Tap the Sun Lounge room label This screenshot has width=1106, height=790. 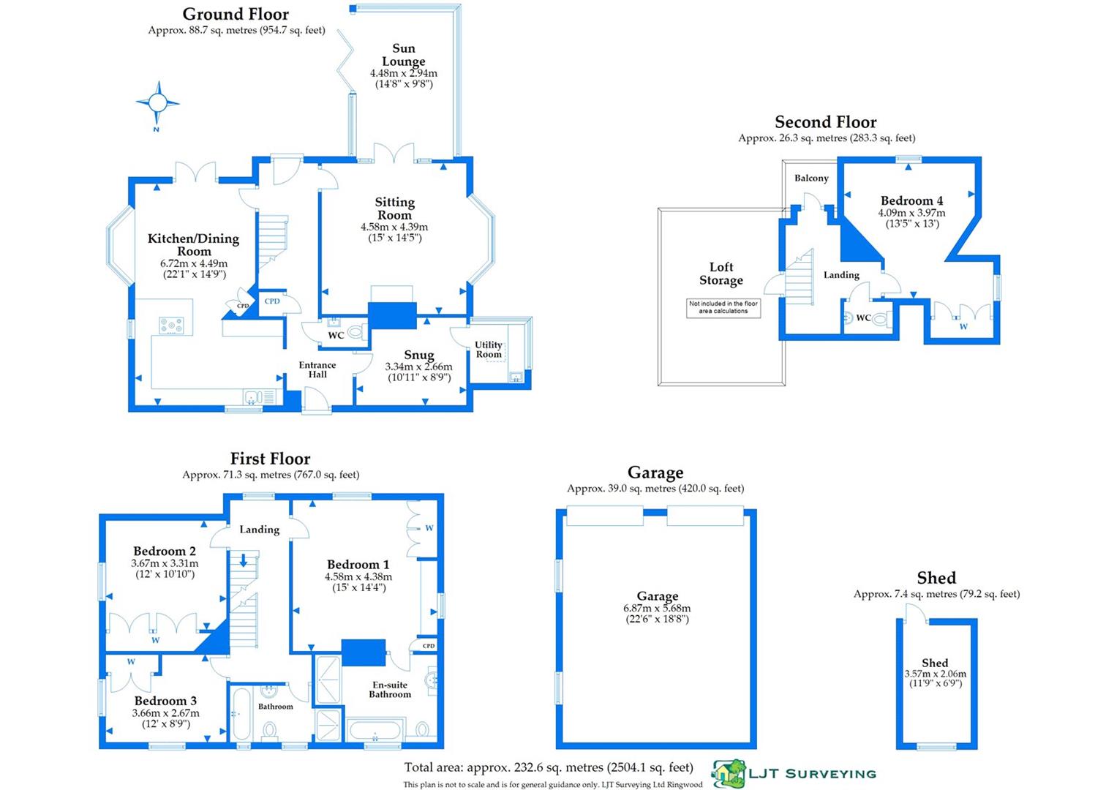tap(403, 55)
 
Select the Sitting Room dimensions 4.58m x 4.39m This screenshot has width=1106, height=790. tap(394, 227)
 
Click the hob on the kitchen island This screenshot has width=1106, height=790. tap(171, 326)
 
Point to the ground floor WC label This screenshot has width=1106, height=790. tap(336, 336)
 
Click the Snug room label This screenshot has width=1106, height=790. tap(418, 355)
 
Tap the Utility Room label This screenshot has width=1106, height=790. tap(489, 350)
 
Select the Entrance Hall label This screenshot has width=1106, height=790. tap(317, 370)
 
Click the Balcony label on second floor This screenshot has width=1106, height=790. tap(811, 178)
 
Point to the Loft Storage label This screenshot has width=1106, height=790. tap(721, 274)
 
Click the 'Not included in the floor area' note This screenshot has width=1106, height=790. tap(723, 308)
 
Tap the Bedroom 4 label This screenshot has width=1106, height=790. tap(911, 200)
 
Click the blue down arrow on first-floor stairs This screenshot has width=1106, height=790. tap(244, 560)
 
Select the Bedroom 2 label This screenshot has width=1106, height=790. tap(165, 551)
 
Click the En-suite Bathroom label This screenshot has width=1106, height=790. tap(390, 690)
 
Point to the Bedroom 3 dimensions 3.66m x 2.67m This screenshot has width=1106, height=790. tap(165, 713)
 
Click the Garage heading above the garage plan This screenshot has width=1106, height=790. tap(655, 473)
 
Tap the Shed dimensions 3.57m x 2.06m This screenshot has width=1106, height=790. tap(935, 674)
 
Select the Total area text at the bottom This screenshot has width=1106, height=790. tap(549, 767)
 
